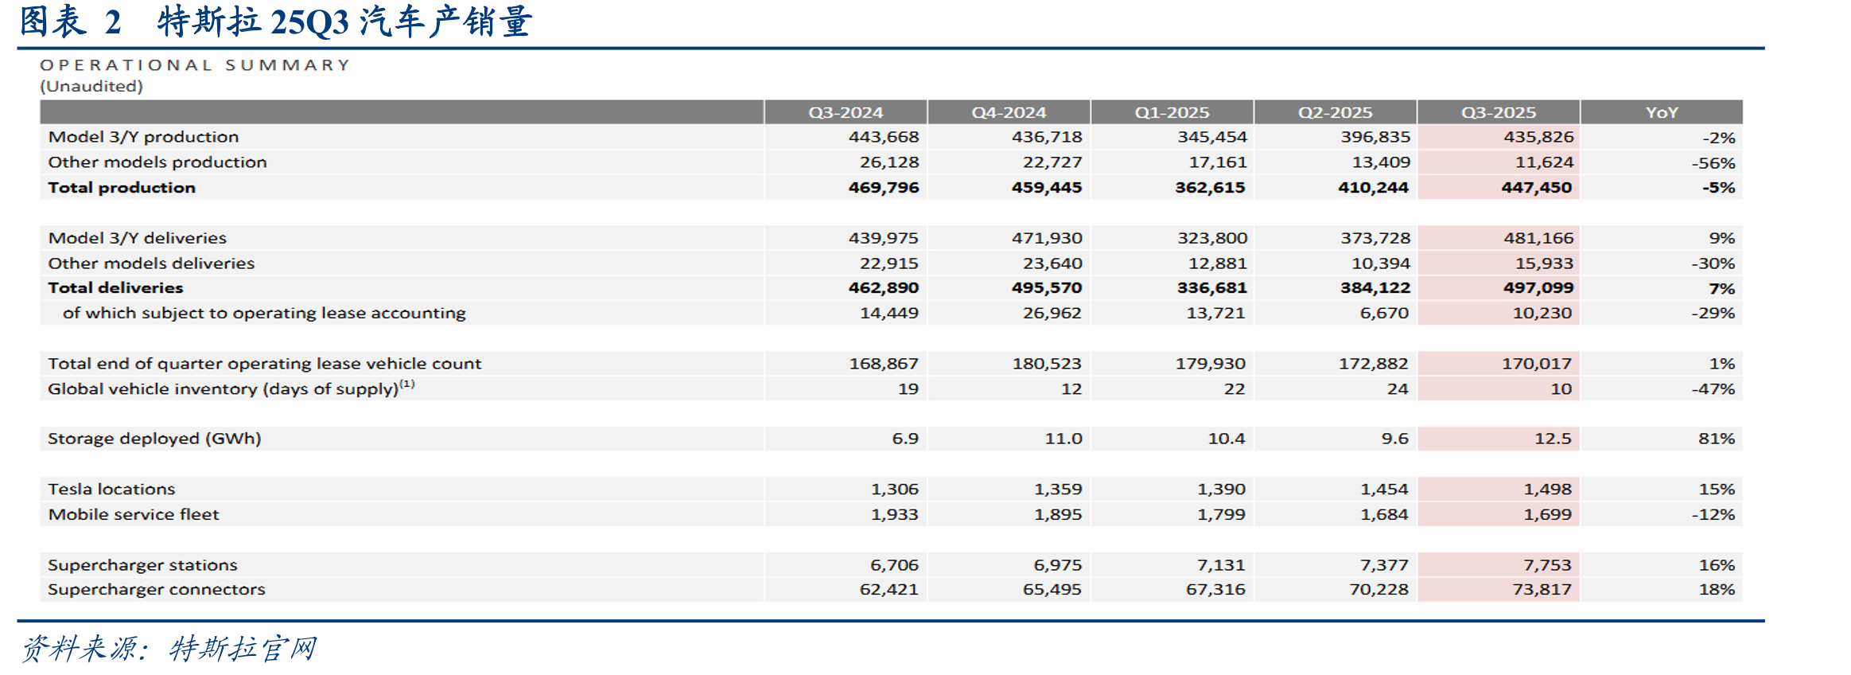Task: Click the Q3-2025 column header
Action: (1498, 112)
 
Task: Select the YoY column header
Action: (1662, 112)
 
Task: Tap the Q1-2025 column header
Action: (1172, 112)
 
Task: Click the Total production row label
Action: (122, 188)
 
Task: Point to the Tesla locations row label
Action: (111, 489)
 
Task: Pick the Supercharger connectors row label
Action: (157, 590)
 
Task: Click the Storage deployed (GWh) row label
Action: (154, 439)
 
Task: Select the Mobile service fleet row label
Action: (134, 514)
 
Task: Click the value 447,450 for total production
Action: (1537, 188)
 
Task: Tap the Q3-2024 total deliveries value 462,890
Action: (884, 288)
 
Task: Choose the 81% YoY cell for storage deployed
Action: (1717, 439)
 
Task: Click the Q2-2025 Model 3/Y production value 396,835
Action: (1375, 137)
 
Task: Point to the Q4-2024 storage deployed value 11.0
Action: (1064, 439)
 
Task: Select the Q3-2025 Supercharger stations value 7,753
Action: (1547, 565)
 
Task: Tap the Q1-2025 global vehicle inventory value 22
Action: (1235, 389)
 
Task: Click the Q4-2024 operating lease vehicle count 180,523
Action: (1047, 364)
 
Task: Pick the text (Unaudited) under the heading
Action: (91, 86)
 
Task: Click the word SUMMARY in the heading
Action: (287, 65)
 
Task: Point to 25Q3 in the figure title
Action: (310, 21)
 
